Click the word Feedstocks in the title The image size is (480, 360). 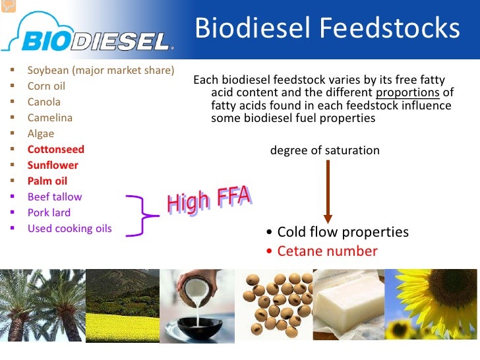point(390,28)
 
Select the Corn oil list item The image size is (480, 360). point(46,86)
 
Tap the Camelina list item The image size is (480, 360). point(50,117)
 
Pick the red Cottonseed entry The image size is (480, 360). point(55,150)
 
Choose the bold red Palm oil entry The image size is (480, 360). point(47,181)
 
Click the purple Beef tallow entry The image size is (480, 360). point(55,197)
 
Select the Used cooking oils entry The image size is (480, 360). point(70,229)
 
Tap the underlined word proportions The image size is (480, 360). point(407,93)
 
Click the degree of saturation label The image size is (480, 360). point(325,150)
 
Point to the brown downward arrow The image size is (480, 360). point(328,192)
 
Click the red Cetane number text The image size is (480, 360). point(327,251)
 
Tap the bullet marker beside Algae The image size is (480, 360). point(13,133)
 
